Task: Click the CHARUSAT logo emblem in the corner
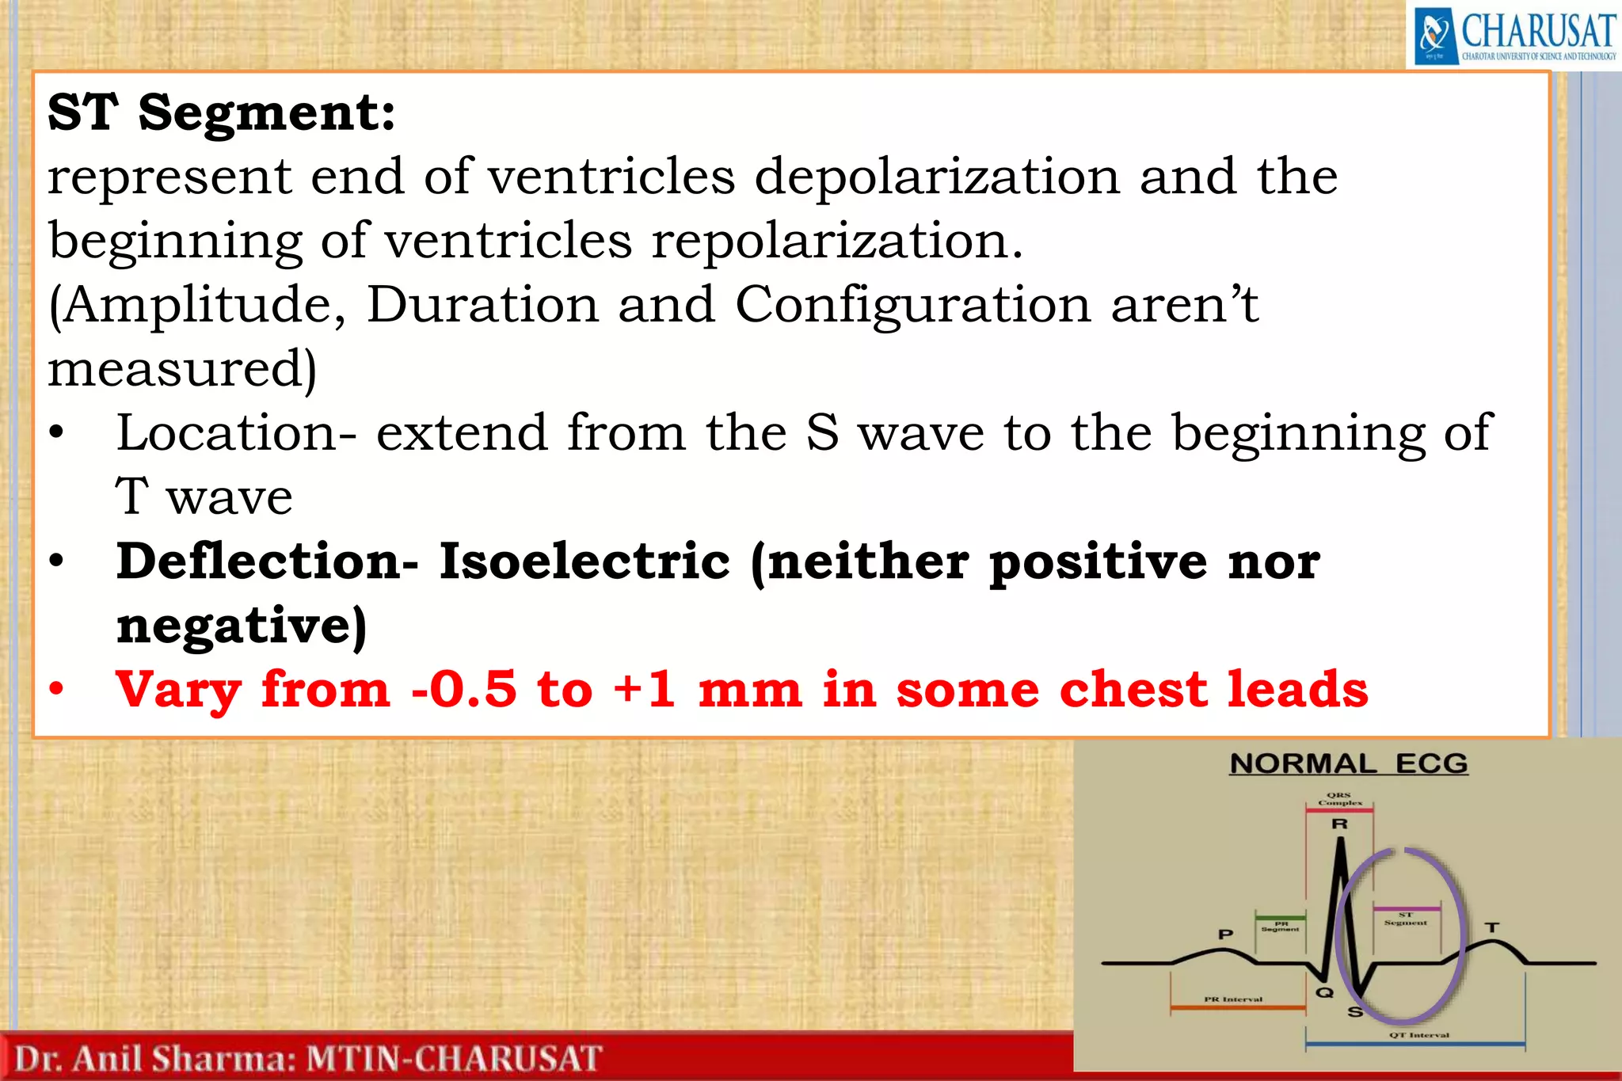tap(1435, 36)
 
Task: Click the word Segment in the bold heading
tap(267, 113)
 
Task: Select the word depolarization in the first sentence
tap(937, 177)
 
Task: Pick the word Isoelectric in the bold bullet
tap(584, 561)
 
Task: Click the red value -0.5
tap(464, 689)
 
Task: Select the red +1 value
tap(645, 689)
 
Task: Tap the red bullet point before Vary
tap(55, 689)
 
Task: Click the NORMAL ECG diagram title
tap(1348, 764)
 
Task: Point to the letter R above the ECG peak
tap(1339, 824)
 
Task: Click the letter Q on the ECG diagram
tap(1324, 992)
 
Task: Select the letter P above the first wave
tap(1225, 934)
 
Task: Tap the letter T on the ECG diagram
tap(1491, 927)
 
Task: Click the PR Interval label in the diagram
tap(1233, 999)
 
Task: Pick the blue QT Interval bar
tap(1414, 1045)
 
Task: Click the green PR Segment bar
tap(1280, 917)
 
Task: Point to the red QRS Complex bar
tap(1339, 810)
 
